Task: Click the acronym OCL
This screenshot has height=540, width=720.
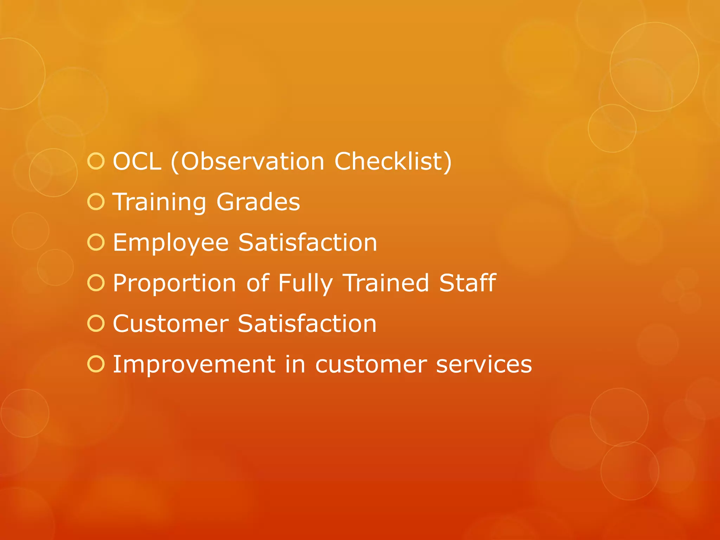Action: pyautogui.click(x=137, y=162)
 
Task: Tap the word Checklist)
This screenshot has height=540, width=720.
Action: pyautogui.click(x=393, y=162)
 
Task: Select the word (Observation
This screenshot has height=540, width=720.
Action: pyautogui.click(x=247, y=162)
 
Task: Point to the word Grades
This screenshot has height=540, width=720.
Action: pyautogui.click(x=258, y=202)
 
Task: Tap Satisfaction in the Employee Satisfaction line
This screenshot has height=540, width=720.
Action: pyautogui.click(x=308, y=243)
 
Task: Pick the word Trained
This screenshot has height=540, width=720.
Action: pyautogui.click(x=386, y=283)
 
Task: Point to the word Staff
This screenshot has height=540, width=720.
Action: pyautogui.click(x=468, y=283)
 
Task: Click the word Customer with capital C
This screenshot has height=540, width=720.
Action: pyautogui.click(x=171, y=324)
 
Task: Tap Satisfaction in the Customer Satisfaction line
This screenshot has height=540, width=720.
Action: pyautogui.click(x=307, y=324)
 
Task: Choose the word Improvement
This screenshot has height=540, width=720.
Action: pyautogui.click(x=194, y=365)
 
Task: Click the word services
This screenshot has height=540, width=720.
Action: pyautogui.click(x=484, y=365)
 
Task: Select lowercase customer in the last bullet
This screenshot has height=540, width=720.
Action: pyautogui.click(x=371, y=365)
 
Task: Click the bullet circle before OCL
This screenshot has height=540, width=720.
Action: pyautogui.click(x=96, y=161)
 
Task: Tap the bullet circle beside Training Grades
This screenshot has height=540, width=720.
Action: pyautogui.click(x=96, y=202)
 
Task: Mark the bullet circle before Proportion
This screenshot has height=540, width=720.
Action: pyautogui.click(x=96, y=283)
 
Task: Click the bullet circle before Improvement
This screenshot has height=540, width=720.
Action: pyautogui.click(x=96, y=364)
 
